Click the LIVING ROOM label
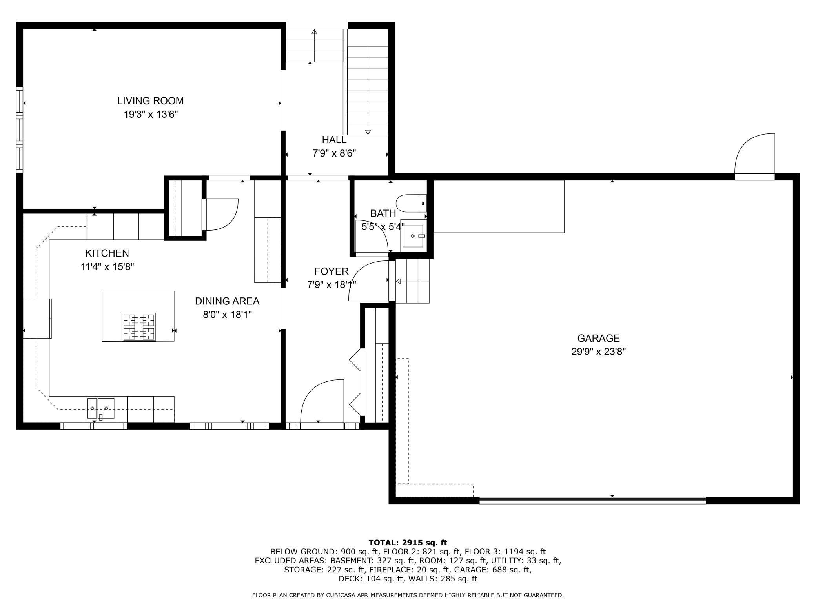pyautogui.click(x=150, y=101)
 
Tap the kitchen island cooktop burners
pyautogui.click(x=139, y=327)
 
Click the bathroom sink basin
pyautogui.click(x=413, y=236)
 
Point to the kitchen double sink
pyautogui.click(x=101, y=408)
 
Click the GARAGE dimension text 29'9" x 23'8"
pyautogui.click(x=598, y=352)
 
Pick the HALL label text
pyautogui.click(x=334, y=140)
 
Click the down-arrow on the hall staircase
pyautogui.click(x=368, y=132)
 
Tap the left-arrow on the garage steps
pyautogui.click(x=398, y=281)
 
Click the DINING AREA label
pyautogui.click(x=227, y=301)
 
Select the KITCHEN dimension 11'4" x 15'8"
pyautogui.click(x=107, y=267)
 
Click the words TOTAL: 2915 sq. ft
pyautogui.click(x=408, y=543)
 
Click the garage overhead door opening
pyautogui.click(x=592, y=500)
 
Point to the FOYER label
pyautogui.click(x=331, y=271)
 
